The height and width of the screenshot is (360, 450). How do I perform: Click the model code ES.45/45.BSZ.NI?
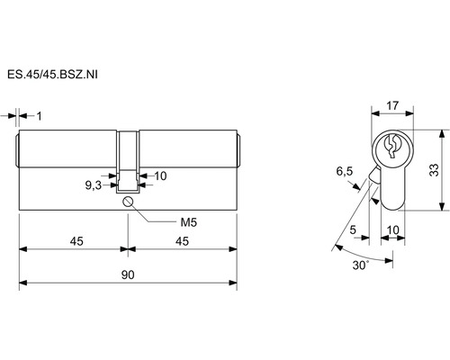coord(52,75)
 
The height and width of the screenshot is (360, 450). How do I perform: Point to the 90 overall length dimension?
coord(128,274)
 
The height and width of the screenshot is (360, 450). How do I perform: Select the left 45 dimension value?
coord(76,241)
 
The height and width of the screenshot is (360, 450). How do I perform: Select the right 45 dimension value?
coord(182,241)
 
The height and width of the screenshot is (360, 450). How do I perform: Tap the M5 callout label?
coord(188,222)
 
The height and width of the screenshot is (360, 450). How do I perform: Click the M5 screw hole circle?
coord(128,202)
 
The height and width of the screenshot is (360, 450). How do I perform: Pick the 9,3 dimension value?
coord(94,185)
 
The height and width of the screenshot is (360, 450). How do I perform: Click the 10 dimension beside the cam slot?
coord(160,176)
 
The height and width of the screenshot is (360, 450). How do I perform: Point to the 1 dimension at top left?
coord(40,116)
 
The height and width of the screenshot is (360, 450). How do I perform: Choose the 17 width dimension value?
coord(392,105)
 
